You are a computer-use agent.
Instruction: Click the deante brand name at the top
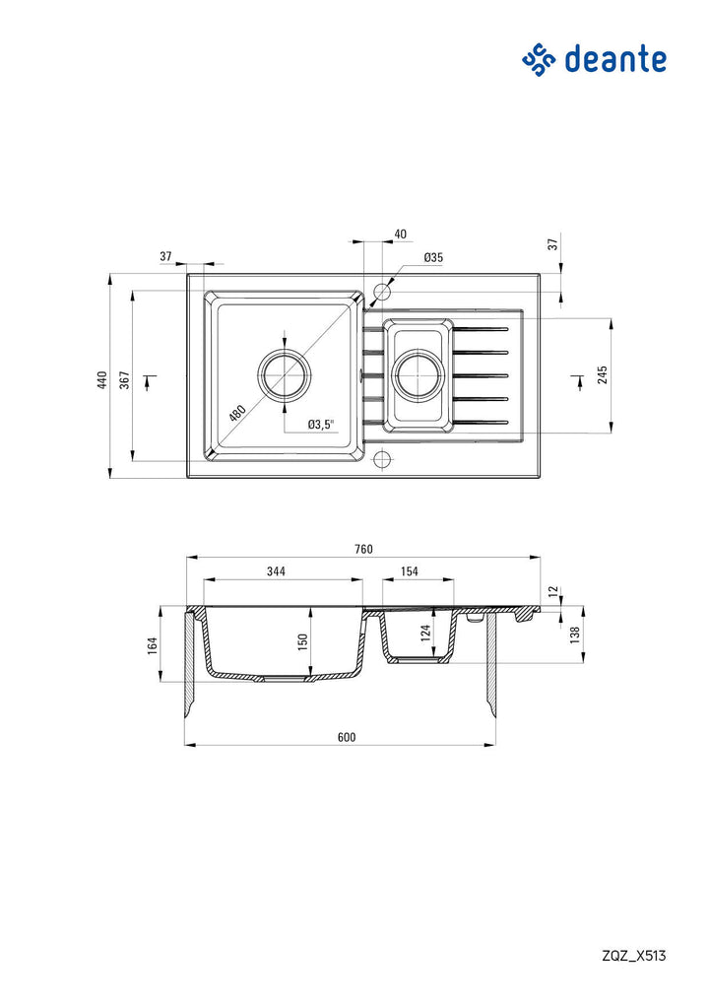tap(615, 59)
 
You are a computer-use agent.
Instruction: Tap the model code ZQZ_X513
tap(633, 956)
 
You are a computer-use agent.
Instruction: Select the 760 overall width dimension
tap(363, 549)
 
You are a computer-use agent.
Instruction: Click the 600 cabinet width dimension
tap(346, 737)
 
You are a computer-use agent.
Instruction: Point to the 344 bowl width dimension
tap(276, 571)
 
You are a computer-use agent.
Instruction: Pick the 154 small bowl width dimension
tap(410, 571)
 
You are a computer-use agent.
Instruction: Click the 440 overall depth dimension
tap(102, 380)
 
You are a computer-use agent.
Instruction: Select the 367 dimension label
tap(125, 379)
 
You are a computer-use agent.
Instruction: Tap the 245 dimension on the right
tap(603, 374)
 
